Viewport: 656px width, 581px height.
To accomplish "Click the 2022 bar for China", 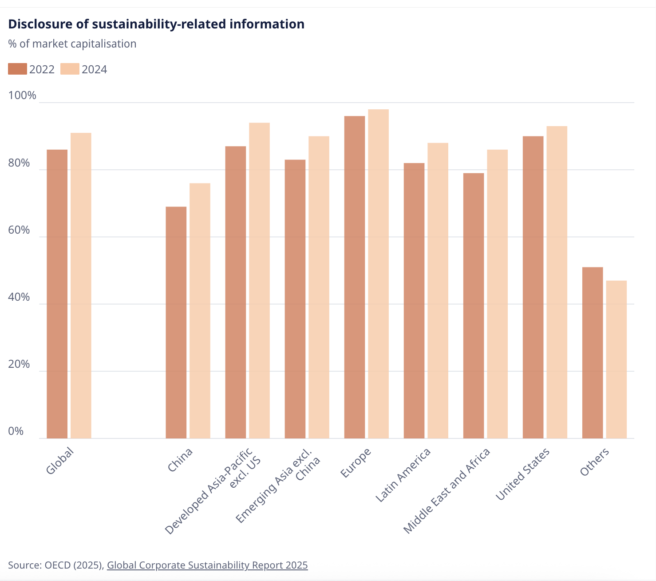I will pos(176,322).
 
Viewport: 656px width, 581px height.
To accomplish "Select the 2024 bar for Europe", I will pos(378,274).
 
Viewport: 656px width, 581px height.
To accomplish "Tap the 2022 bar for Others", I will pos(592,353).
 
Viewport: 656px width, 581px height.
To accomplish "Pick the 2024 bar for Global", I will pos(81,286).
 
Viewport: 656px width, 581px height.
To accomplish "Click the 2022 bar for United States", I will pos(533,287).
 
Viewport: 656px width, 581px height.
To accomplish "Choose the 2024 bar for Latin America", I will pos(438,290).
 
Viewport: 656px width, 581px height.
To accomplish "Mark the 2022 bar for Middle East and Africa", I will pos(473,306).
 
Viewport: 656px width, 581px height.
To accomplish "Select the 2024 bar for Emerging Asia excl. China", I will pos(319,287).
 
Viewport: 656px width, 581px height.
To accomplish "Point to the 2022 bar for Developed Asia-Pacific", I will pos(235,292).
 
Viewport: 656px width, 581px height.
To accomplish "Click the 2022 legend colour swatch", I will pos(17,69).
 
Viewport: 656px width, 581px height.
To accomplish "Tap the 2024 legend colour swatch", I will pos(70,69).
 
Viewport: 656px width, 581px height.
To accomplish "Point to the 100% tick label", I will pos(22,96).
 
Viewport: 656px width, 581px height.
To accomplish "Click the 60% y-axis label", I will pos(19,230).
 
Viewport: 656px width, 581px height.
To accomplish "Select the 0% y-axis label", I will pos(16,431).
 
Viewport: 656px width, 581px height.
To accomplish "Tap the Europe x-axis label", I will pos(356,463).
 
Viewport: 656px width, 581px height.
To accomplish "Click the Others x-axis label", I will pos(594,462).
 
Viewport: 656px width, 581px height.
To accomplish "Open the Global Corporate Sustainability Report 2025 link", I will pos(207,565).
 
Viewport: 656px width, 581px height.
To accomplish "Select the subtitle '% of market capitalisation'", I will pos(72,44).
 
